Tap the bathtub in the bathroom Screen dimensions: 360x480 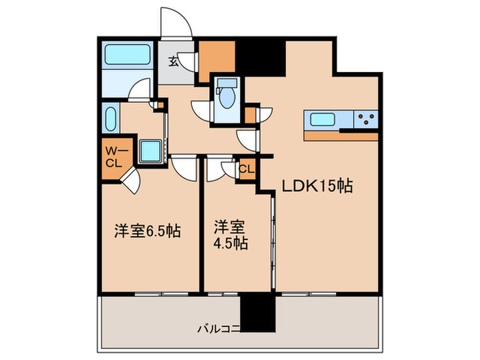128,56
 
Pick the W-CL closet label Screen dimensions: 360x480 112,157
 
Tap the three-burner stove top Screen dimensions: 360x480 365,120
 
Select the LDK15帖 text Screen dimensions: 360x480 315,186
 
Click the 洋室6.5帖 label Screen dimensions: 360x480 147,231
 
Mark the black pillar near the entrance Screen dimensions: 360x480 260,58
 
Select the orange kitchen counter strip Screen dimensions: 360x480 340,136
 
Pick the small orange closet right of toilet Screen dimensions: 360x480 250,114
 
